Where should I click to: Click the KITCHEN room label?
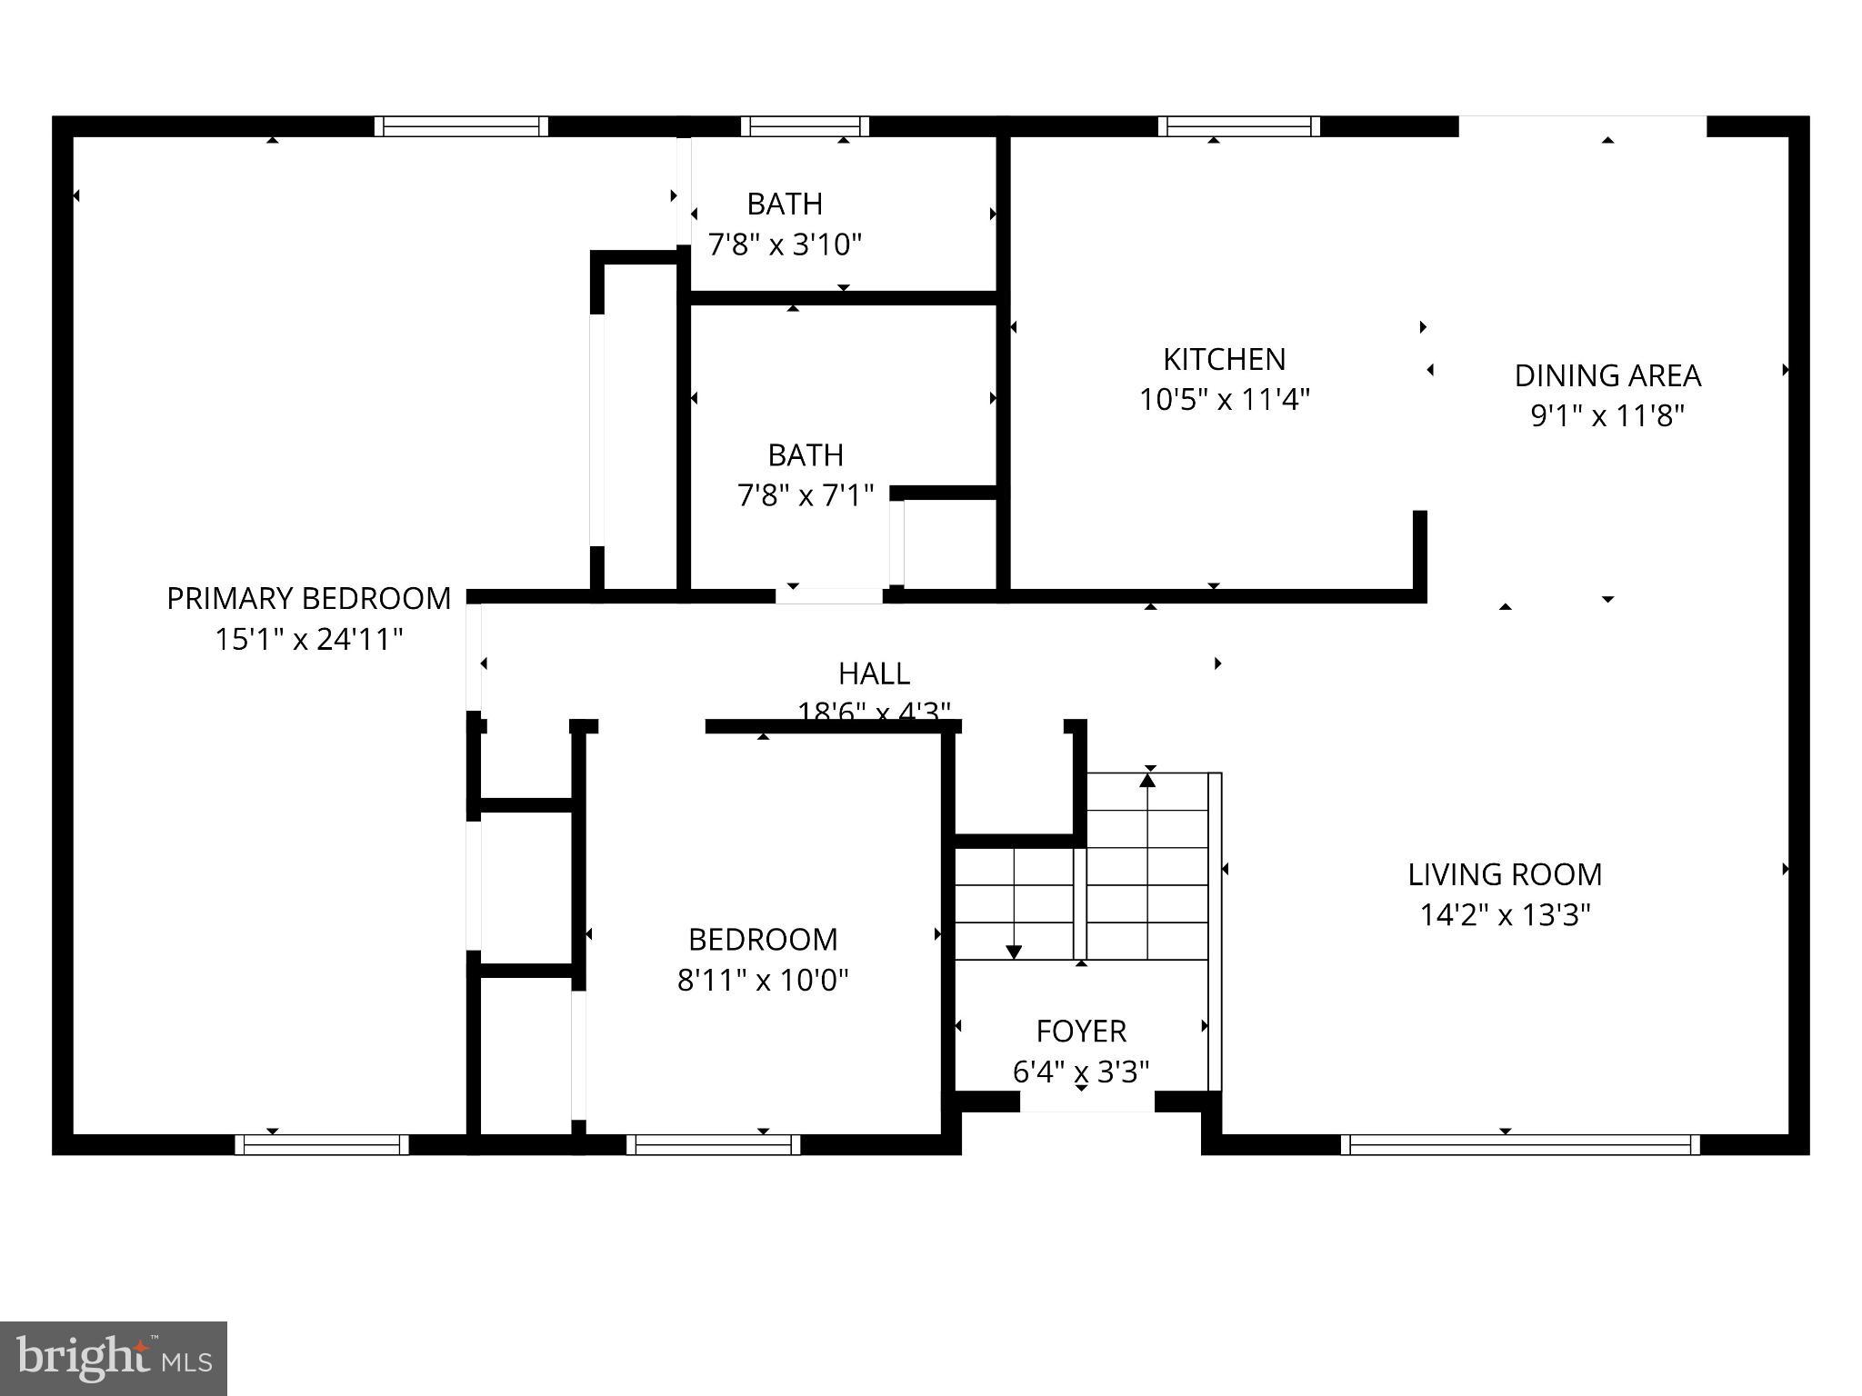[x=1224, y=359]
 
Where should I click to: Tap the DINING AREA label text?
[x=1607, y=375]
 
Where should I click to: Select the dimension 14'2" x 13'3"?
[x=1505, y=914]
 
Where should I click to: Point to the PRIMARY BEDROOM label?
[x=308, y=598]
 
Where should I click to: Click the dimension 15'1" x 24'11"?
[x=308, y=639]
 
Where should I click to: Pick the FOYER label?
[x=1081, y=1031]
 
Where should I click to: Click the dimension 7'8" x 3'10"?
[x=785, y=244]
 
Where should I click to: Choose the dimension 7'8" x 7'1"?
[x=806, y=495]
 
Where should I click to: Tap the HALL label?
[x=874, y=673]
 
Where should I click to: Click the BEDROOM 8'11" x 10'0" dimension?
[x=763, y=980]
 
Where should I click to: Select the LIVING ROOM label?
[x=1505, y=874]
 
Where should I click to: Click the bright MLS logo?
[x=114, y=1358]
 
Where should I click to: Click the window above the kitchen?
[x=1239, y=126]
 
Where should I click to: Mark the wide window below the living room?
[x=1520, y=1144]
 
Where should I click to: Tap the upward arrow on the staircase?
[x=1148, y=780]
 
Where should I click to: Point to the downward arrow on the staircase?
[x=1014, y=951]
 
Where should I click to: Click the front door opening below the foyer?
[x=1086, y=1102]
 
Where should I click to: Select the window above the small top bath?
[x=804, y=126]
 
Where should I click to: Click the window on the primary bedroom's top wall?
[x=461, y=126]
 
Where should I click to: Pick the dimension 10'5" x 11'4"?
[x=1224, y=399]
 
